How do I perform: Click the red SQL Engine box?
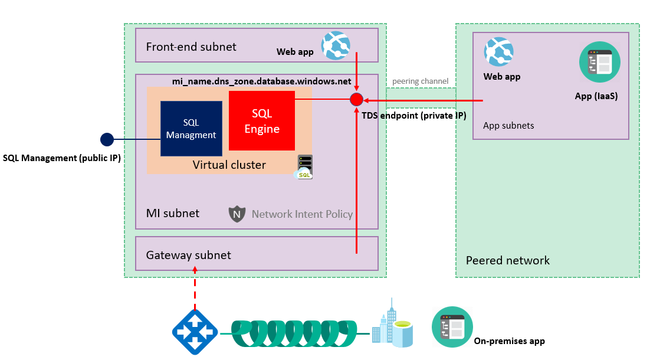point(261,121)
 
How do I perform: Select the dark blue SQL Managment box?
point(191,129)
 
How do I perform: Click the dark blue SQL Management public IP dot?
point(107,139)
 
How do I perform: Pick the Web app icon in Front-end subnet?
point(336,46)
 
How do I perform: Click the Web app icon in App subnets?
point(498,52)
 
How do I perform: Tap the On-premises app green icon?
point(449,326)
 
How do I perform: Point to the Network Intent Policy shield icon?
point(237,214)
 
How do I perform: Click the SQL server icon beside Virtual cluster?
point(304,166)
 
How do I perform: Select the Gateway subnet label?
point(189,256)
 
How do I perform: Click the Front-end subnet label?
point(191,47)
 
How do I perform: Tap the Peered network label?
point(507,260)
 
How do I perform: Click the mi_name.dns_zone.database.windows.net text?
point(261,81)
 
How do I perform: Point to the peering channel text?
point(420,81)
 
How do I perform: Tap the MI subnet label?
point(173,213)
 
